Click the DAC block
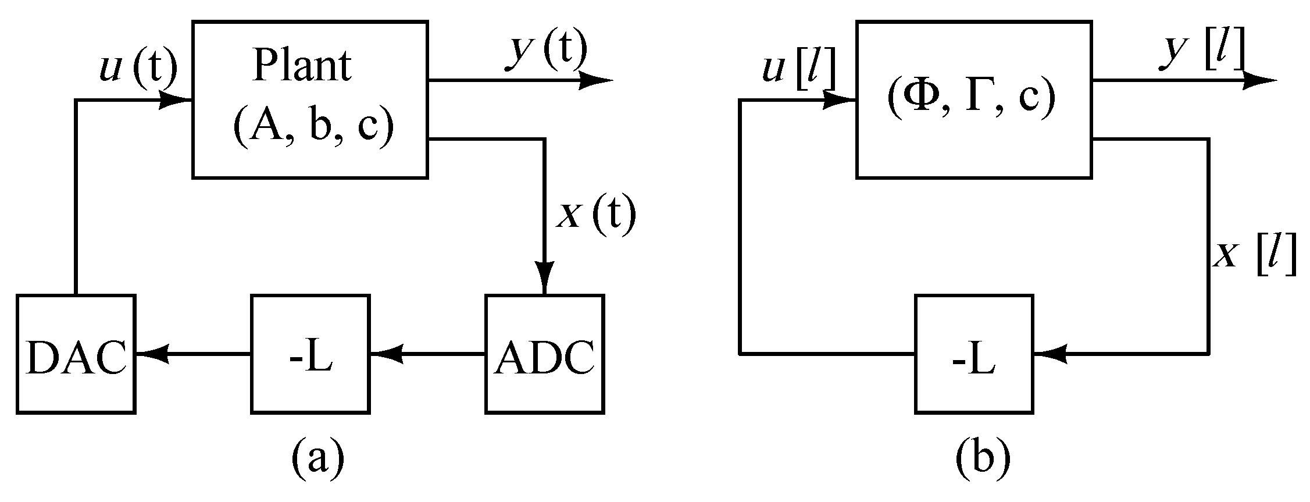click(x=76, y=354)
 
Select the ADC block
click(x=545, y=354)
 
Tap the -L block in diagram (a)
click(x=310, y=354)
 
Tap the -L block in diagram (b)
click(x=974, y=354)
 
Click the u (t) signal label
click(x=138, y=68)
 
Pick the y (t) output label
click(x=546, y=49)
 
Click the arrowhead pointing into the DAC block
click(x=152, y=353)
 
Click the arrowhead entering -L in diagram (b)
click(x=1051, y=353)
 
